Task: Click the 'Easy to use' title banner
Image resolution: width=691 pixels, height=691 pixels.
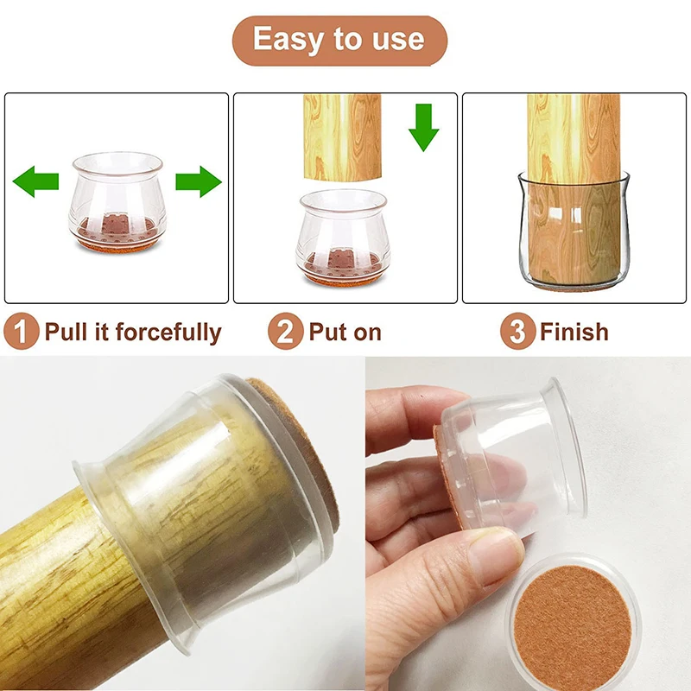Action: [339, 41]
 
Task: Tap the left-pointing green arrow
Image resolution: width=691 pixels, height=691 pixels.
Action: [35, 181]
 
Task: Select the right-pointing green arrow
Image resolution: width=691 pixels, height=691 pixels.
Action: [199, 181]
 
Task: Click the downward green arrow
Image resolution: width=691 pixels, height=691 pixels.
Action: [423, 128]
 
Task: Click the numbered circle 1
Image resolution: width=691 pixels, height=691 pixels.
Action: [21, 332]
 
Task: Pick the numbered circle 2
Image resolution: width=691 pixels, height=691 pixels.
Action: [285, 332]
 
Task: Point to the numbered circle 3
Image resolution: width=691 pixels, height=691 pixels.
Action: [517, 332]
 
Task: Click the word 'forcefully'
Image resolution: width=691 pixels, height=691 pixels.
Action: [168, 333]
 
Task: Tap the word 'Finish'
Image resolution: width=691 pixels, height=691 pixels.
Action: [574, 332]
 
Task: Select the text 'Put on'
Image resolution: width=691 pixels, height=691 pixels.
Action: [345, 332]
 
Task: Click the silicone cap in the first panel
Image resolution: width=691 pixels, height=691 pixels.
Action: [117, 202]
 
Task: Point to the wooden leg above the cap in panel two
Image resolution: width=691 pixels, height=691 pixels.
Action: [342, 136]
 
